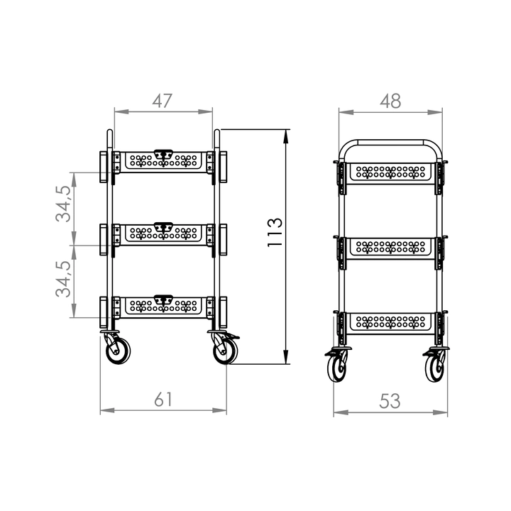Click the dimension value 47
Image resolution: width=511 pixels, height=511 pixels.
tap(162, 101)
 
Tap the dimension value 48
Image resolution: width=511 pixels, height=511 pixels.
tap(390, 101)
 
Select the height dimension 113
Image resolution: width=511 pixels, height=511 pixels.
tap(275, 232)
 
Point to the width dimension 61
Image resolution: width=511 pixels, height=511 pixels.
tap(163, 399)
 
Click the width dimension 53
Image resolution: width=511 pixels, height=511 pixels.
tap(390, 401)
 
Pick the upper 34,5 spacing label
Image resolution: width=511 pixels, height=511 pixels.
tap(63, 204)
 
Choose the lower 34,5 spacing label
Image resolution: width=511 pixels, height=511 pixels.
tap(63, 279)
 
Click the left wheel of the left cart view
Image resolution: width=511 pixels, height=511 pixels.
tap(118, 351)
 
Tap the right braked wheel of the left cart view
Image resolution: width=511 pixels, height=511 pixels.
tap(225, 351)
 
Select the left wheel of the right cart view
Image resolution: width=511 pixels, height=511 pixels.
tap(337, 368)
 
